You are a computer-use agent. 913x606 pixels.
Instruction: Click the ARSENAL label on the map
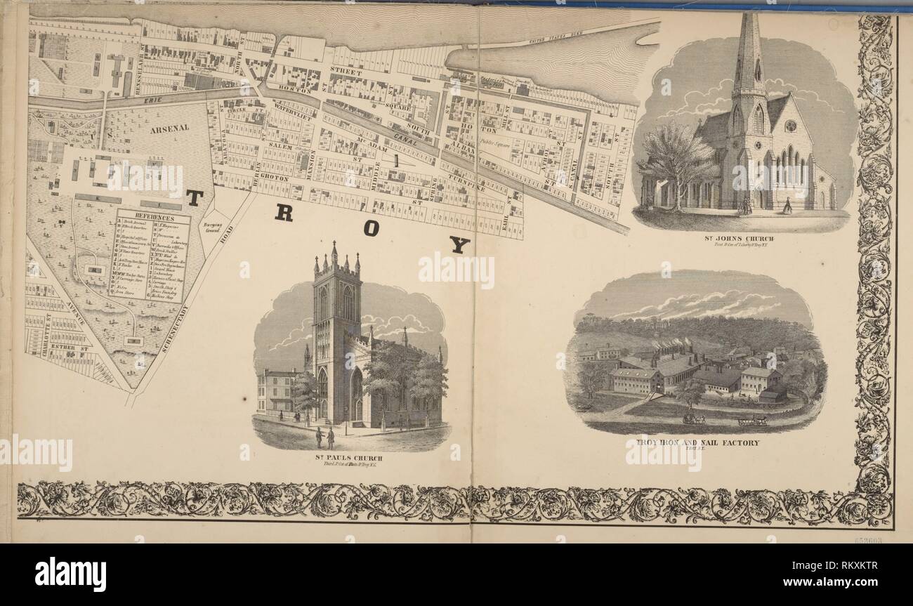[x=169, y=129]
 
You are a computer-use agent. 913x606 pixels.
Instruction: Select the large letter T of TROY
[x=194, y=198]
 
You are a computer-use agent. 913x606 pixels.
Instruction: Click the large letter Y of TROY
[x=459, y=244]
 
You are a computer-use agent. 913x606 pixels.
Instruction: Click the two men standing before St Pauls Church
[x=324, y=437]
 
